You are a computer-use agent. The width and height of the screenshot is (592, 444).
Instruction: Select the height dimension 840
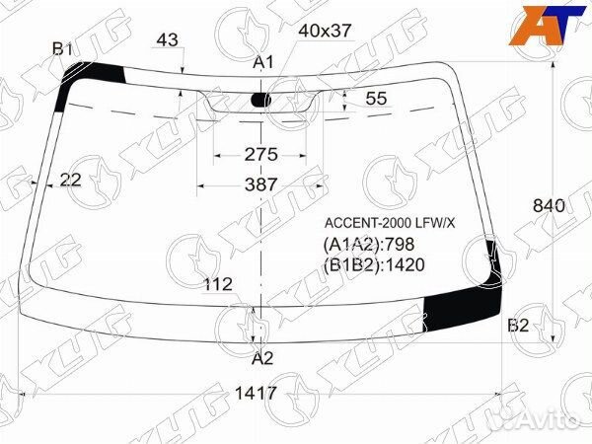pos(548,206)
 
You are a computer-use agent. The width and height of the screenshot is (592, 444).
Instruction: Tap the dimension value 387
pos(260,185)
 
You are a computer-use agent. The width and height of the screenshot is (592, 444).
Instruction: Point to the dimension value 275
pos(260,154)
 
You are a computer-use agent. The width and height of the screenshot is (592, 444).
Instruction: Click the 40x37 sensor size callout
pos(325,30)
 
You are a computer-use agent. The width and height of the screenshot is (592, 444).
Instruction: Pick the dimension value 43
pos(168,39)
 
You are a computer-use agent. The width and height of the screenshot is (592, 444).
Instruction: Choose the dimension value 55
pos(376,98)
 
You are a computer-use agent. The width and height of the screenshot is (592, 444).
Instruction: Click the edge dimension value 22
pos(70,179)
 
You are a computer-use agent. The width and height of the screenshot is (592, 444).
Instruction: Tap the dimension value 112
pos(217,284)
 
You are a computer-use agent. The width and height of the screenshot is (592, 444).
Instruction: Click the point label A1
pos(262,62)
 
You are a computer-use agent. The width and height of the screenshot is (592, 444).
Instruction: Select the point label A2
pos(262,358)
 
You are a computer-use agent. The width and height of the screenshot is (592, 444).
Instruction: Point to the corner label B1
pos(63,48)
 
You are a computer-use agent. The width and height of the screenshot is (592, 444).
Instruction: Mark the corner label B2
pos(519,326)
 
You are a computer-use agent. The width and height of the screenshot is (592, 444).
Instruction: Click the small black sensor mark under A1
pos(261,99)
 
